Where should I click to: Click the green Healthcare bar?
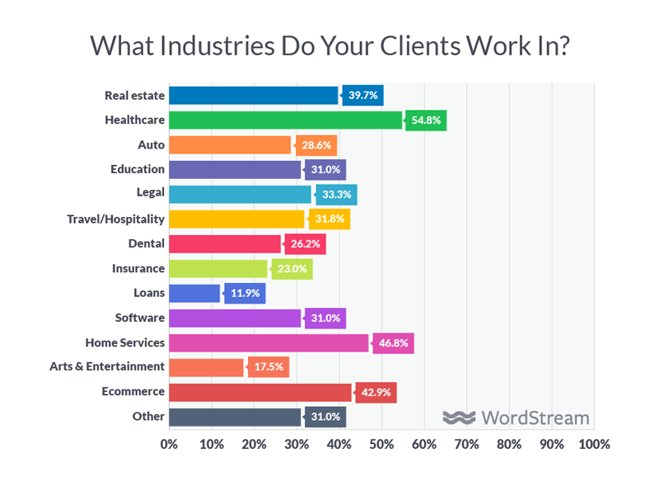point(285,120)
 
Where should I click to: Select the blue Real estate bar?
point(253,96)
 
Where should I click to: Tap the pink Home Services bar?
point(269,342)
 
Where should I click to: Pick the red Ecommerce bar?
point(260,392)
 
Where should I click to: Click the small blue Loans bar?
point(194,293)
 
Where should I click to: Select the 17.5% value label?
point(269,367)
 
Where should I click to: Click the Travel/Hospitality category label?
point(115,219)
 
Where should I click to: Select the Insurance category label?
point(138,269)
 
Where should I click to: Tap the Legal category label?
point(149,195)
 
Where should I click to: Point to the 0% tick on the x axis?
point(169,445)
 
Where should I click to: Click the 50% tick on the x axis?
point(381,445)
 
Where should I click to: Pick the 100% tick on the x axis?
point(593,445)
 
